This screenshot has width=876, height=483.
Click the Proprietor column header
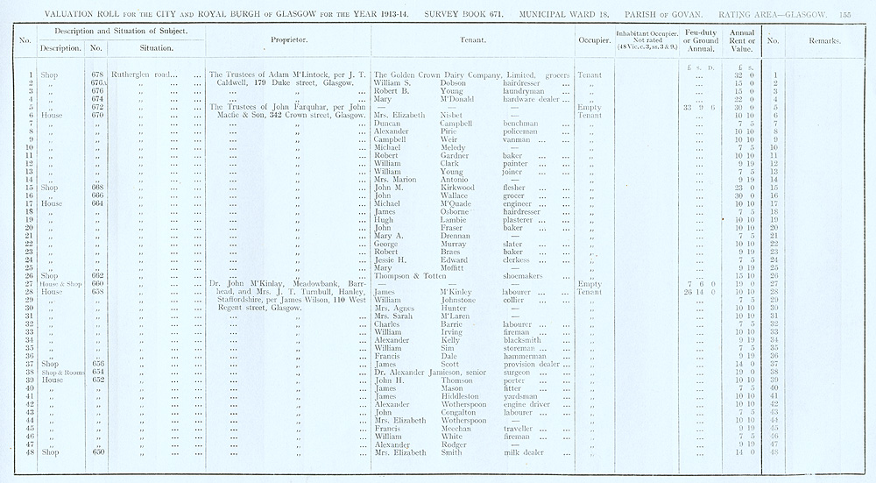pyautogui.click(x=287, y=40)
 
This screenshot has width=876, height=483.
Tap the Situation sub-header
pyautogui.click(x=154, y=48)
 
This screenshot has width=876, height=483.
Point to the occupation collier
pyautogui.click(x=515, y=301)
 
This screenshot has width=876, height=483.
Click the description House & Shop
pyautogui.click(x=53, y=284)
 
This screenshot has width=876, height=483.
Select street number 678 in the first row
pyautogui.click(x=97, y=75)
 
